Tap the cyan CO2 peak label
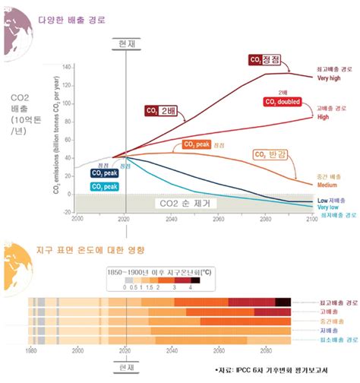[x=104, y=186]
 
